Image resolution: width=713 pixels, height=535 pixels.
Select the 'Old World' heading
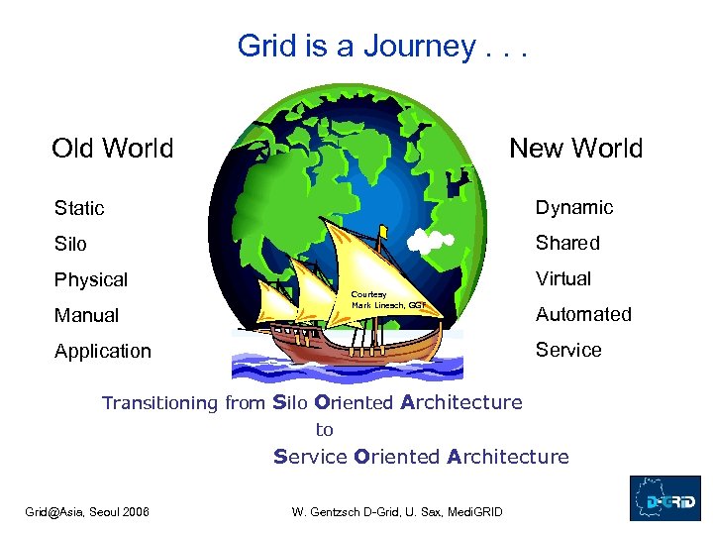point(112,149)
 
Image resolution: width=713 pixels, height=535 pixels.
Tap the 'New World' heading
point(575,149)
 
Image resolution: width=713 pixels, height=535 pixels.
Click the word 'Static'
point(79,208)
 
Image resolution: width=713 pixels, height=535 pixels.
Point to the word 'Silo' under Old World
point(70,244)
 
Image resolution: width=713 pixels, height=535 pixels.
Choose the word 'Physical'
point(91,279)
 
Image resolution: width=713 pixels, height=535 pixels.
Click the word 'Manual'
point(86,315)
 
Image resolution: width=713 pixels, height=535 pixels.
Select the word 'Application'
point(103,351)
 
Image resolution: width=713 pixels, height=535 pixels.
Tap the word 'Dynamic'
point(574,207)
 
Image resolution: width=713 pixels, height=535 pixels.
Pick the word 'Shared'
point(567,243)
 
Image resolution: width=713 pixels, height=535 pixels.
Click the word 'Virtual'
point(563,278)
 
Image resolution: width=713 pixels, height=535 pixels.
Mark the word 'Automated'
point(583,314)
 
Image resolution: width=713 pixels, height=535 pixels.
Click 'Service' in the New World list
point(568,350)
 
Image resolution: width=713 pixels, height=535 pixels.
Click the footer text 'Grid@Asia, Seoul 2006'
point(87,511)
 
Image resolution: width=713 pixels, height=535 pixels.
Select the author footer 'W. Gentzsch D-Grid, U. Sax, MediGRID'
point(396,511)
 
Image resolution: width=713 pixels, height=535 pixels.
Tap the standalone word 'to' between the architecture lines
point(324,430)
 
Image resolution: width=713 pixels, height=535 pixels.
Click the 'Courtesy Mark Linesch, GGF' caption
point(387,300)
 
